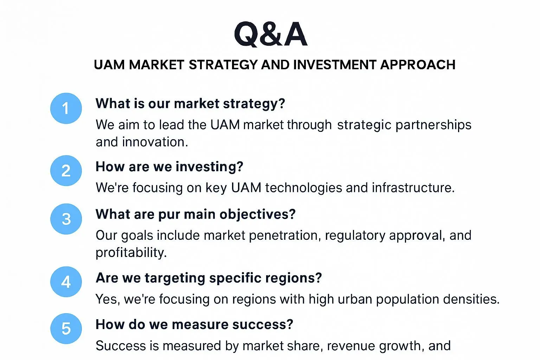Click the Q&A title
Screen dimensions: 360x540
pos(270,34)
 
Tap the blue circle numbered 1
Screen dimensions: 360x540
pos(66,108)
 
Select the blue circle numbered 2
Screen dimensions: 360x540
pos(66,171)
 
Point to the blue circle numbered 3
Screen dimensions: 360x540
pos(66,219)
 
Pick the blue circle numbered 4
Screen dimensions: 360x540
pos(66,282)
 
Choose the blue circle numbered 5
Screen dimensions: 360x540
pos(66,329)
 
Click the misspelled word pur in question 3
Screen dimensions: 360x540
pos(169,214)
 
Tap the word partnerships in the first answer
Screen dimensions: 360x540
pos(433,125)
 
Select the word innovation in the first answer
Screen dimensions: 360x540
pos(155,142)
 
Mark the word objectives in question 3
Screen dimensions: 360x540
pos(257,214)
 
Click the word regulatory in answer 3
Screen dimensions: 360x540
pos(355,236)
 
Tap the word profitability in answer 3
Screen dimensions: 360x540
pos(131,253)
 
